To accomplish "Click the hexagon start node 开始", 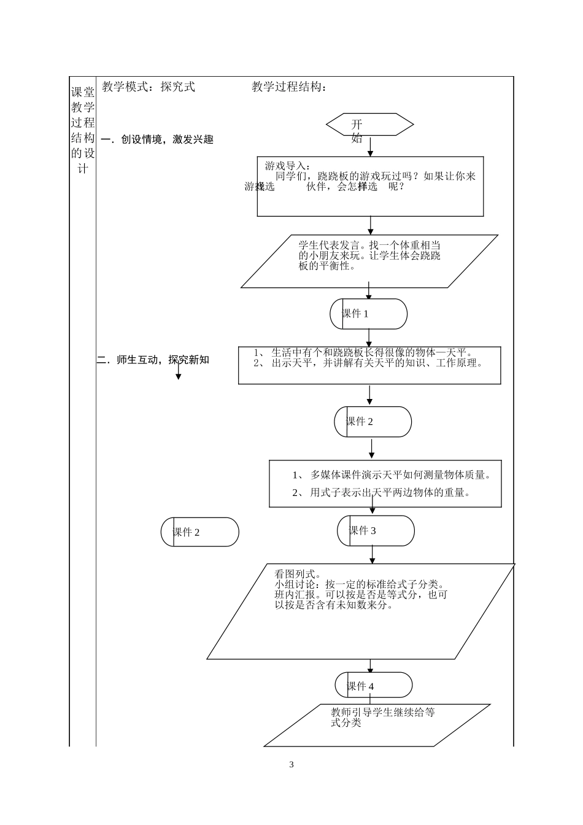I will (x=369, y=125).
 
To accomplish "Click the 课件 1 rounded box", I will (x=368, y=314).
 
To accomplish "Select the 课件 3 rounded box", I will (x=376, y=531).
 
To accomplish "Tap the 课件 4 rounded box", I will (x=374, y=686).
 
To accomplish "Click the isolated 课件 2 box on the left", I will (x=199, y=532).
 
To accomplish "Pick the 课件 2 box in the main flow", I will (x=373, y=422).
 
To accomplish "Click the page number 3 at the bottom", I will (x=291, y=765).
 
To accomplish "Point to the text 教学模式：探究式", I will (x=149, y=87).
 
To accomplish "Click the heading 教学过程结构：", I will (x=289, y=87).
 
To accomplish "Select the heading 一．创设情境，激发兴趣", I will (x=157, y=140).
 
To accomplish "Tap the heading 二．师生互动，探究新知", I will (x=153, y=360).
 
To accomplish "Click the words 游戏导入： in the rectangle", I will (x=287, y=166).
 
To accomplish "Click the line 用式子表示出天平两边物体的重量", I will (x=382, y=492).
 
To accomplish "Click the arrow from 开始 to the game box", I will (x=370, y=146).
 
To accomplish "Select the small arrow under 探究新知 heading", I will (x=179, y=372).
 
